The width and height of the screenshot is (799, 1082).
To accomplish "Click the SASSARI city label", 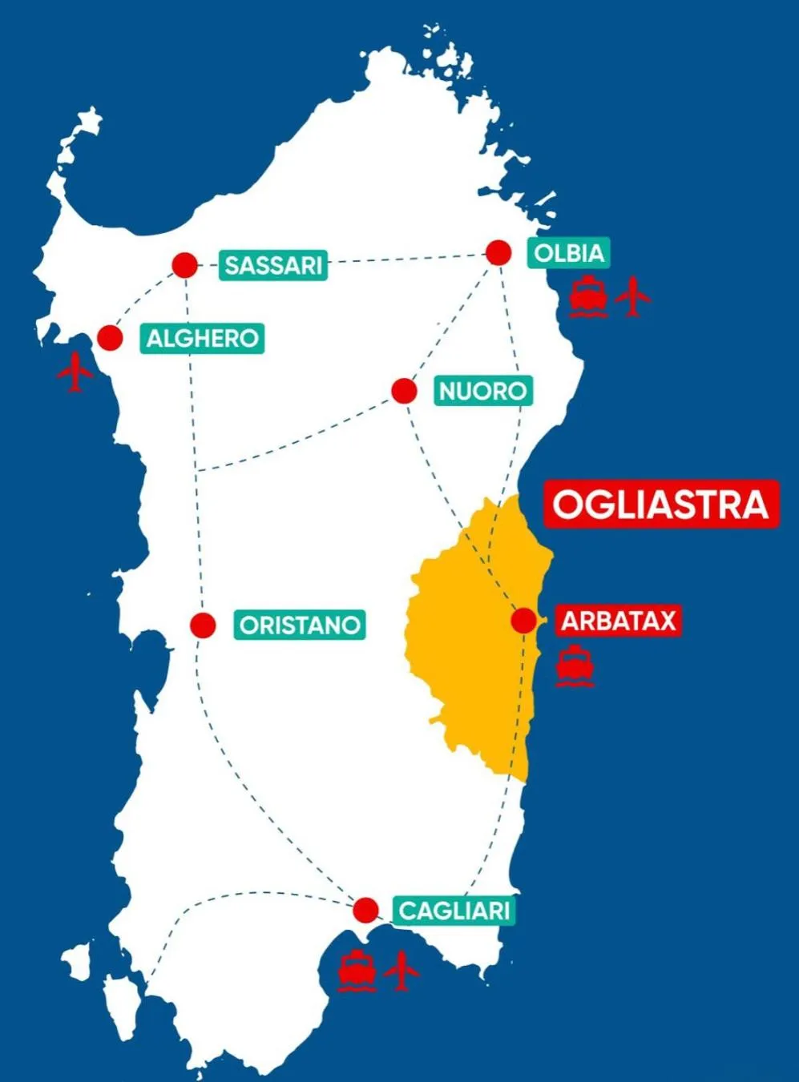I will (x=273, y=265).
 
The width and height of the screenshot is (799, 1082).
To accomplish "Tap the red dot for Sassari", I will (x=185, y=265).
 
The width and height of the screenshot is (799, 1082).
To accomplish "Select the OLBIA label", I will (x=568, y=253).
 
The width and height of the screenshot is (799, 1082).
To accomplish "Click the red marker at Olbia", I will (x=498, y=253).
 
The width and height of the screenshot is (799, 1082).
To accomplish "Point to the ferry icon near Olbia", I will (x=587, y=297).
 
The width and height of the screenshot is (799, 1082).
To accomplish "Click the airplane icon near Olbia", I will (x=633, y=296).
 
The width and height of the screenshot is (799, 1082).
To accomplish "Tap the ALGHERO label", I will (x=203, y=338).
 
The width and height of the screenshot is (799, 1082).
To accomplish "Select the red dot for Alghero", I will (x=110, y=338).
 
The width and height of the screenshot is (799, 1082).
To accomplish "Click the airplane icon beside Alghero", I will (x=75, y=372).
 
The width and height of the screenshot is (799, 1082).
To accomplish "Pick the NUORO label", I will (x=483, y=392).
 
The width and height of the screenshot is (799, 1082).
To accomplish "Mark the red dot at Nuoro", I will (x=405, y=392).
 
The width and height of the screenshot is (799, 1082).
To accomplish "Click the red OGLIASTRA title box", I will (x=661, y=505).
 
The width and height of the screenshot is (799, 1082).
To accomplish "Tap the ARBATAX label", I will (x=618, y=621).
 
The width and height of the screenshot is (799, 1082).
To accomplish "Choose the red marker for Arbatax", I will (x=524, y=621).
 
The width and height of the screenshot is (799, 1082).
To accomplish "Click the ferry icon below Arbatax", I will (x=575, y=667).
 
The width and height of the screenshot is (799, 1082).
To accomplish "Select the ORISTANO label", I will (x=300, y=625).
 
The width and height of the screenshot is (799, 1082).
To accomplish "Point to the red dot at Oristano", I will (x=204, y=625).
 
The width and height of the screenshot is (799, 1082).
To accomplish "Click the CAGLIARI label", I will (x=454, y=911).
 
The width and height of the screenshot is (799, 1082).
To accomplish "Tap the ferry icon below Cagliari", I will (x=357, y=971).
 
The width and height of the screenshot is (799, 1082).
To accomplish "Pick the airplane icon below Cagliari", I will (x=402, y=970).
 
